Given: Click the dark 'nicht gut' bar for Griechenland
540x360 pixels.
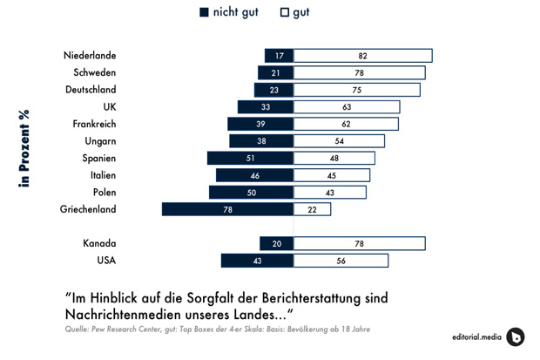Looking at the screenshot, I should [x=227, y=209].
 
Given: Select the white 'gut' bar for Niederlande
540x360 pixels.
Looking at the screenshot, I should [x=362, y=56].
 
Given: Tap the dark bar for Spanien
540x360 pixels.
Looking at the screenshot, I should [x=250, y=158].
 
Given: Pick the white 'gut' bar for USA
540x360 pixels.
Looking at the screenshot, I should [x=341, y=261].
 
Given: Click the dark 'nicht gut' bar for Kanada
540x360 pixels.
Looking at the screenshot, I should [x=276, y=243].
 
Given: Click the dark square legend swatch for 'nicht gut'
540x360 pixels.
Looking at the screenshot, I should [x=205, y=12].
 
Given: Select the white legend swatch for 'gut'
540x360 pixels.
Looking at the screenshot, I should [x=285, y=12].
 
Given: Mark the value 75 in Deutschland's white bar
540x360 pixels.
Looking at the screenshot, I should [x=358, y=90].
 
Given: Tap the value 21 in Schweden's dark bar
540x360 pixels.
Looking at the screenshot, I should [x=276, y=73].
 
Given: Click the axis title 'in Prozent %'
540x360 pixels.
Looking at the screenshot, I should [x=24, y=148].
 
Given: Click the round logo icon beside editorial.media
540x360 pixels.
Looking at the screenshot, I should [x=516, y=336].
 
